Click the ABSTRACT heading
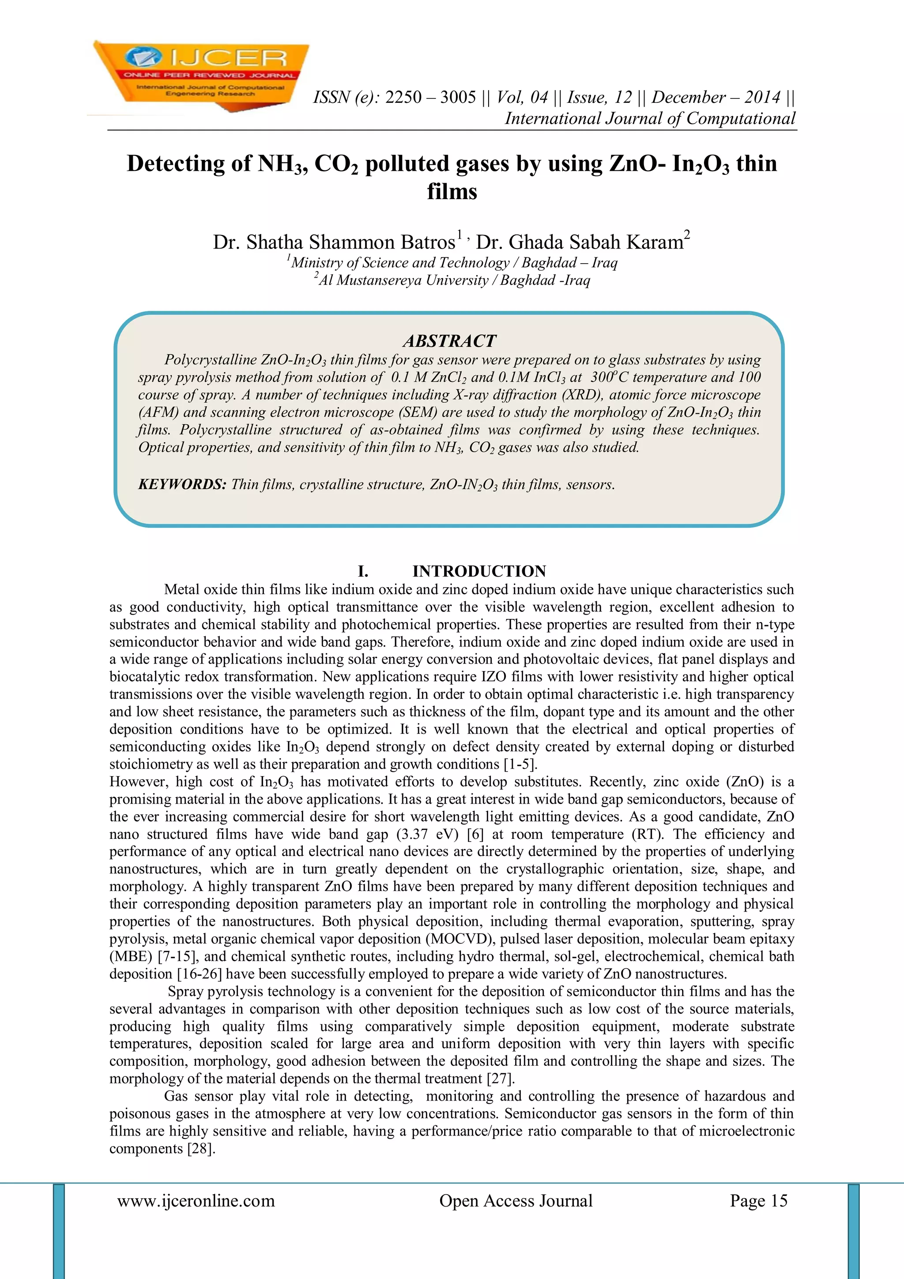pos(449,340)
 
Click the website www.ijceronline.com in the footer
pos(196,1200)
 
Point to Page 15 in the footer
pos(759,1200)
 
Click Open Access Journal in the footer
pos(516,1200)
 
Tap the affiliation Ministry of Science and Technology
pos(400,262)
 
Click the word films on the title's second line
pos(452,192)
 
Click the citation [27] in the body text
pos(500,1079)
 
